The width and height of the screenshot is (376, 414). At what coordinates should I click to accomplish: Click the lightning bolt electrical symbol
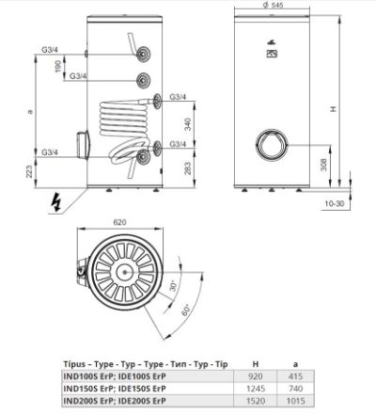[x=55, y=201]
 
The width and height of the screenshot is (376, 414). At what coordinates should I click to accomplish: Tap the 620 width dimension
[x=119, y=222]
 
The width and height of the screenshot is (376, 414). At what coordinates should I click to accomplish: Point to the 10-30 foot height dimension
[x=335, y=203]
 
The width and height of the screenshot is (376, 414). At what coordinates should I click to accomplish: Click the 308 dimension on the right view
[x=323, y=165]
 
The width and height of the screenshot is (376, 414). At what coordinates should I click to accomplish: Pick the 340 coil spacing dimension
[x=187, y=124]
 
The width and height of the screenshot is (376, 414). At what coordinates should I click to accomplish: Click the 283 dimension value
[x=187, y=168]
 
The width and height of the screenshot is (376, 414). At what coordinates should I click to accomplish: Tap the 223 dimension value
[x=29, y=171]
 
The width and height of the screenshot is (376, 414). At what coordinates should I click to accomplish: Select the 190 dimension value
[x=58, y=67]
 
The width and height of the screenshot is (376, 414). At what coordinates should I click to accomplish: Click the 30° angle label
[x=173, y=285]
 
